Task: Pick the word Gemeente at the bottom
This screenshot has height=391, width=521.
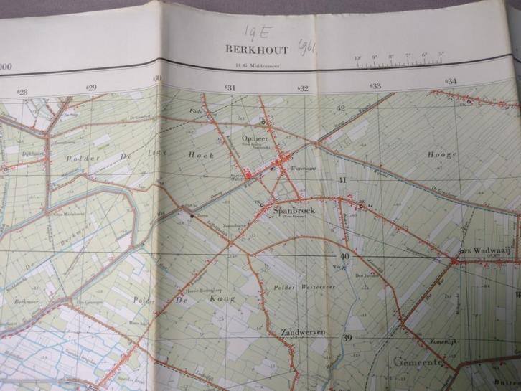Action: tap(419, 363)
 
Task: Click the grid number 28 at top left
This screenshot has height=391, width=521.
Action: tap(22, 92)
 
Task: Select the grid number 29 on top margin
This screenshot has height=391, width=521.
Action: tap(91, 88)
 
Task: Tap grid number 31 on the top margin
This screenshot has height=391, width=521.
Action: tap(230, 88)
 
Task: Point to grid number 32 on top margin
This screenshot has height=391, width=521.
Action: tap(304, 89)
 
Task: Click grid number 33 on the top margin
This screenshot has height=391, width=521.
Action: tap(375, 86)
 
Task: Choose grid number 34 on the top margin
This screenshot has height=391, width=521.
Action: tap(451, 82)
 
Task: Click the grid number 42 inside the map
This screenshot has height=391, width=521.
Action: tap(342, 108)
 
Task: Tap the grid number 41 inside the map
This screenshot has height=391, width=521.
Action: tap(343, 180)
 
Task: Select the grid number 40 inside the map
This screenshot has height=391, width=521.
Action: tap(345, 256)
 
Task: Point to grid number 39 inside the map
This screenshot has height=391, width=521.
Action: tap(348, 339)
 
